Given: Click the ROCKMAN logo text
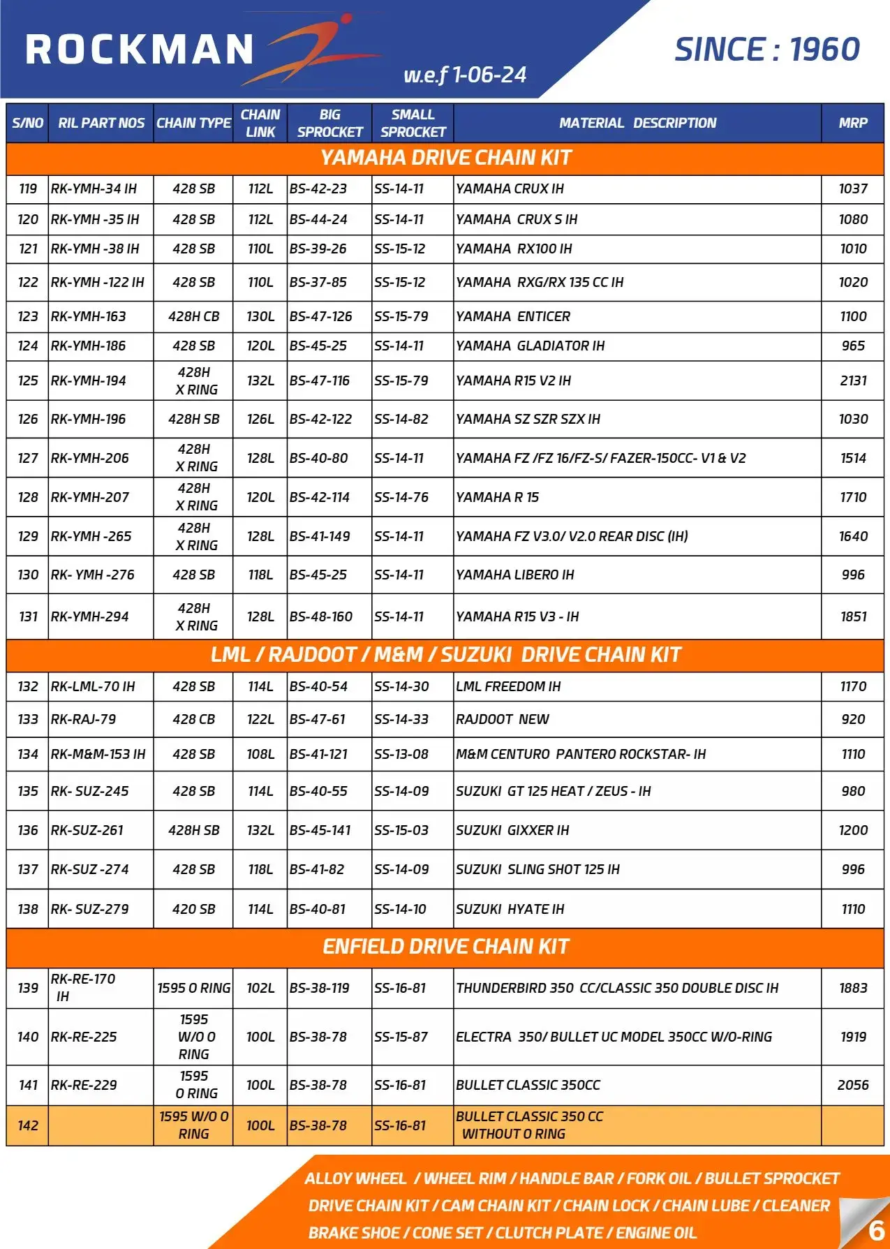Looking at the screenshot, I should (140, 50).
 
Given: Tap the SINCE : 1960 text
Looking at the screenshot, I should (766, 50).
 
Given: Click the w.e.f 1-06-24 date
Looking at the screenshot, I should (465, 75).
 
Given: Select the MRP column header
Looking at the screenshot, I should (852, 123).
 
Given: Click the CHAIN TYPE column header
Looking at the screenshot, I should (193, 123).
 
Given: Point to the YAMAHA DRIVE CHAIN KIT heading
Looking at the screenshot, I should (445, 158).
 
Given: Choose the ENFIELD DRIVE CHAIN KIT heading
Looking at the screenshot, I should (445, 947).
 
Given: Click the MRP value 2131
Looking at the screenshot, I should (853, 380).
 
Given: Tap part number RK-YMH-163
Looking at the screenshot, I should (89, 316).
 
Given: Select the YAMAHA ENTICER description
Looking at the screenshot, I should (513, 316).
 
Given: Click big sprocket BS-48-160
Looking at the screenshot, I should (321, 616).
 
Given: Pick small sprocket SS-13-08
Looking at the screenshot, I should (401, 754).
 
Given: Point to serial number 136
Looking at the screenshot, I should (28, 830).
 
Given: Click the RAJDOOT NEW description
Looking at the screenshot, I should (503, 719).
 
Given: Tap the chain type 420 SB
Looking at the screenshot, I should (193, 909).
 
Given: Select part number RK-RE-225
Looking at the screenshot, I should (84, 1037).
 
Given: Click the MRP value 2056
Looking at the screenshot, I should (853, 1085).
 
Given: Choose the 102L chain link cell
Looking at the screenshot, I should (260, 988).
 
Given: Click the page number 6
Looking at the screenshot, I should (876, 1229).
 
